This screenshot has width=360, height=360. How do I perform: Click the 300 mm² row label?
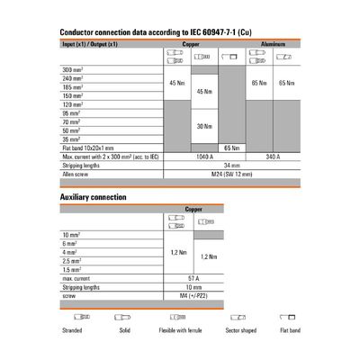70,69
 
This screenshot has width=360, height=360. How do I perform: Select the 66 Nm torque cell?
230,147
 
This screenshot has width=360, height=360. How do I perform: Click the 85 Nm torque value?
258,83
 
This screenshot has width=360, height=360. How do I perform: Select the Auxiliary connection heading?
93,197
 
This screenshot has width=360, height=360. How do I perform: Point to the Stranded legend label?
71,329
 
